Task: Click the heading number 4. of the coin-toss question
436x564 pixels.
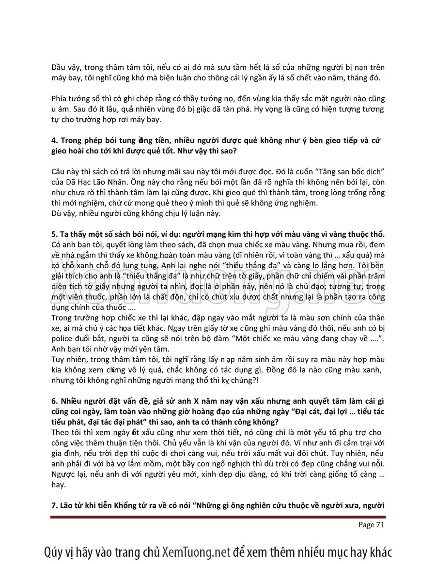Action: tap(54, 140)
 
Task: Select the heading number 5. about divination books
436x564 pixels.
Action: tap(54, 234)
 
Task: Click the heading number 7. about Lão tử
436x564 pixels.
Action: tap(54, 506)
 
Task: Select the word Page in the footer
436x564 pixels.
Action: tap(366, 524)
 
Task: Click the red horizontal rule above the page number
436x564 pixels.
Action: tap(218, 517)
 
